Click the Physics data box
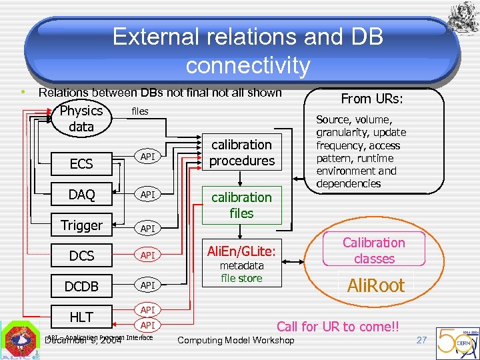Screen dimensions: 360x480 [x=81, y=119]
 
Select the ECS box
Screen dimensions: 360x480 [x=81, y=163]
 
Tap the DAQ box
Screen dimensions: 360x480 [x=81, y=194]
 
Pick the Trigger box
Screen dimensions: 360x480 [x=81, y=225]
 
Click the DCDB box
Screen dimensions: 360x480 [x=81, y=286]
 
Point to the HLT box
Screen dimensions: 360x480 [x=81, y=317]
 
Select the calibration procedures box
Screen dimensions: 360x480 [x=241, y=153]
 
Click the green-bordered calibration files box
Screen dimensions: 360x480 [x=241, y=205]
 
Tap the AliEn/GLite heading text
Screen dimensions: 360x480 [x=241, y=251]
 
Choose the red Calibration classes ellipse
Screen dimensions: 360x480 [x=373, y=251]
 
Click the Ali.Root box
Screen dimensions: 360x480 [x=376, y=285]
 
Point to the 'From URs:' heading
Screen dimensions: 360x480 [x=374, y=99]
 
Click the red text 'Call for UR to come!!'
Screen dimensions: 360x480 [x=337, y=326]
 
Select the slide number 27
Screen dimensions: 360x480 [x=421, y=340]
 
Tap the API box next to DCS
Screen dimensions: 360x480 [x=147, y=255]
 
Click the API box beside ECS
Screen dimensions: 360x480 [x=147, y=157]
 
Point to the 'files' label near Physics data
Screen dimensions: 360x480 [x=140, y=111]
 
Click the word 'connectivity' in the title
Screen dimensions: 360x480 [x=247, y=65]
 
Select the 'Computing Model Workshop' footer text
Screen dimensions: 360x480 [x=235, y=341]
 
